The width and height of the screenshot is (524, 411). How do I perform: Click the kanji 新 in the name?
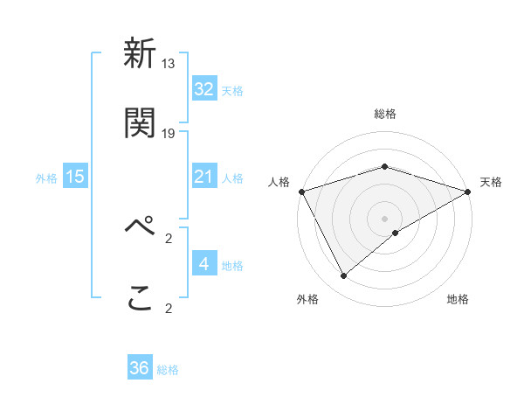(140, 54)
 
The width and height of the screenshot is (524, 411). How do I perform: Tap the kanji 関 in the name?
(140, 123)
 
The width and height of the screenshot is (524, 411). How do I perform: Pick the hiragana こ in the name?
(140, 297)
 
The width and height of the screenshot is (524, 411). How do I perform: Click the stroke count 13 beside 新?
(169, 63)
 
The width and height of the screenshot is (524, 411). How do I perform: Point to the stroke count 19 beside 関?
(169, 133)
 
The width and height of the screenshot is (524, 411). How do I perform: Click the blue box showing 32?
(204, 89)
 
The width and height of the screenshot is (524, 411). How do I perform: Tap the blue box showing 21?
(204, 178)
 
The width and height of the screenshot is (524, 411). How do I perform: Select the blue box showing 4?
(204, 264)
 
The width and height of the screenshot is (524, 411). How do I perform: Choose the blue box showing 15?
(75, 178)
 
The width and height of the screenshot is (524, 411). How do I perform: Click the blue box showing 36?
(140, 369)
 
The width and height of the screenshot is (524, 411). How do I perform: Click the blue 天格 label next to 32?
(232, 91)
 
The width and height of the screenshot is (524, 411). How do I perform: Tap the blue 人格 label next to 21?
(232, 178)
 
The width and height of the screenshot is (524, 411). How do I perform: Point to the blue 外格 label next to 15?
(46, 178)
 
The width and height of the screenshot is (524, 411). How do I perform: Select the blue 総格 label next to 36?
(168, 370)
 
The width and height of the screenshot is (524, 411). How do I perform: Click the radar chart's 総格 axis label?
(384, 114)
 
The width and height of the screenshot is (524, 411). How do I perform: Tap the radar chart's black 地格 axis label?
(458, 299)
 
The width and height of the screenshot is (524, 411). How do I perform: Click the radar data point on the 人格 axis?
(301, 192)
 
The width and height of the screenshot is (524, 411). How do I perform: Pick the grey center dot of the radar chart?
(384, 218)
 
